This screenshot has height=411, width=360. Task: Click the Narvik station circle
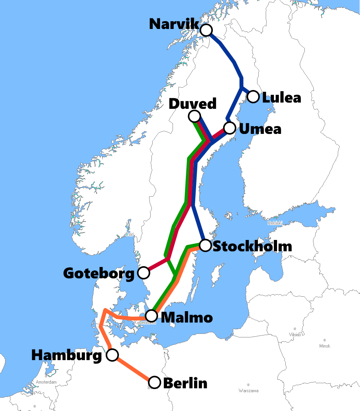(206, 30)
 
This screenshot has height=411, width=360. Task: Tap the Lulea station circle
(253, 96)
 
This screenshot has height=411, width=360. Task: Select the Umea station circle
(230, 128)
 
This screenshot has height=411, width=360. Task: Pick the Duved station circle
(194, 116)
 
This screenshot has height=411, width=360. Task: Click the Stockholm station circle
(205, 245)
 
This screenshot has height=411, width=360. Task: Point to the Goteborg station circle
(144, 272)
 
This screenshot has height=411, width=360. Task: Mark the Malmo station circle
(151, 316)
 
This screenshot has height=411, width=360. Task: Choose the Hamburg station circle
(112, 355)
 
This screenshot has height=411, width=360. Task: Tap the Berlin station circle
(155, 382)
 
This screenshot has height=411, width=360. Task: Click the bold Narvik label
(174, 24)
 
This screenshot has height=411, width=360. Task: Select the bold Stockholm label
(253, 247)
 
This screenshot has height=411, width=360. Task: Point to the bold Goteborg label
(99, 273)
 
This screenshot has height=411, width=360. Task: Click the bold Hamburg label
(67, 355)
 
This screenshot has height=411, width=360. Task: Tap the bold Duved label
(192, 104)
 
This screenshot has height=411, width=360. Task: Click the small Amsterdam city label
(46, 382)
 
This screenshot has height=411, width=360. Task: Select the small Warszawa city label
(248, 391)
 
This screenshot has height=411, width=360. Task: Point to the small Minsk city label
(324, 346)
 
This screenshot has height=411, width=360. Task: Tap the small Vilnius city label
(295, 335)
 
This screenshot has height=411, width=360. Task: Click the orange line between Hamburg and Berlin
(133, 368)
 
